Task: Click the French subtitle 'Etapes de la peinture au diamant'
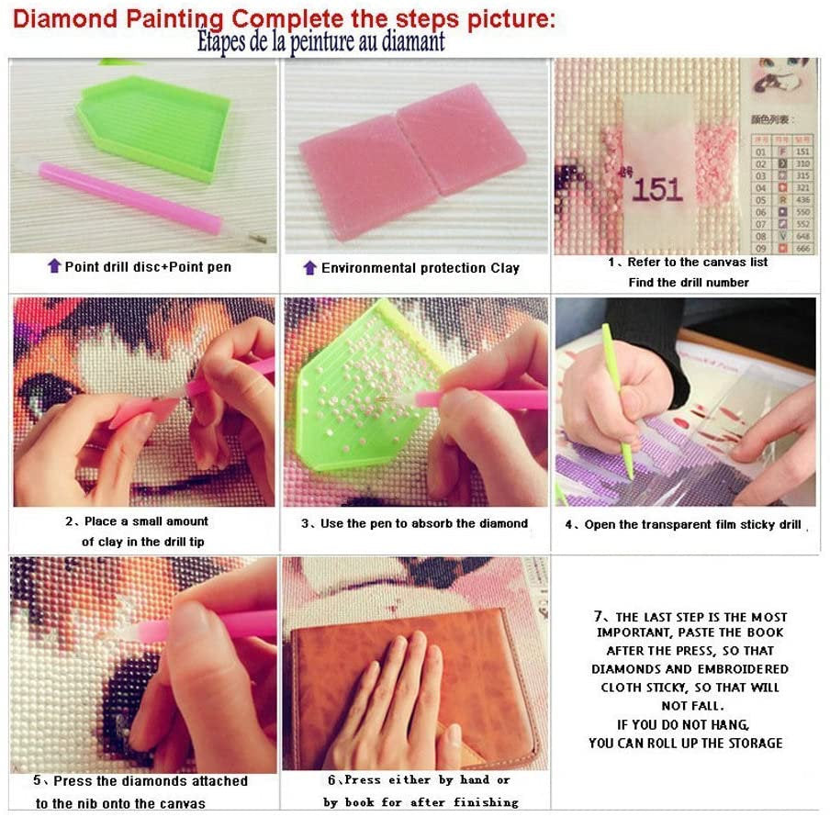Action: [x=320, y=42]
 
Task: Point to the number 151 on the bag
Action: [x=657, y=190]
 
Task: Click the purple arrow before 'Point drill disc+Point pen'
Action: [x=54, y=267]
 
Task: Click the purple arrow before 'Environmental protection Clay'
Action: [x=310, y=268]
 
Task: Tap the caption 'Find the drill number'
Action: [x=689, y=283]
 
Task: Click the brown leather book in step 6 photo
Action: [x=413, y=679]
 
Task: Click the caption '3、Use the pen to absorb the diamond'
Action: [x=415, y=523]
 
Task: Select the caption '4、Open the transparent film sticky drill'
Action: [x=683, y=525]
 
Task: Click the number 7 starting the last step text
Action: [x=598, y=617]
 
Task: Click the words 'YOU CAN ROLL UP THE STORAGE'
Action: [x=686, y=743]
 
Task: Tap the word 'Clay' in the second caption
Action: [x=505, y=268]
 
